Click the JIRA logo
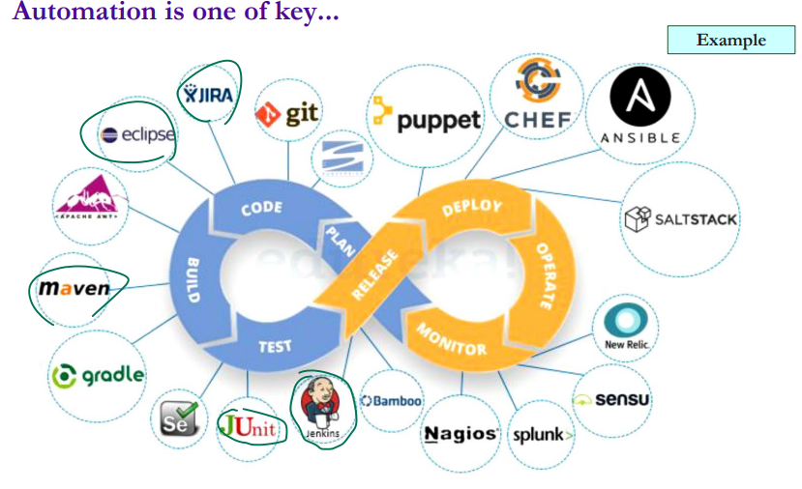click(x=208, y=94)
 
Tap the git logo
click(x=287, y=115)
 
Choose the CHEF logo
click(x=537, y=98)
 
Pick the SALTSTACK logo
click(x=681, y=218)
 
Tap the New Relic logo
click(x=626, y=327)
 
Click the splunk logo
click(x=542, y=434)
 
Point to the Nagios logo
click(x=460, y=434)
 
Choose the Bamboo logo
click(x=391, y=400)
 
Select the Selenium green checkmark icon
click(x=180, y=418)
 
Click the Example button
click(x=730, y=40)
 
